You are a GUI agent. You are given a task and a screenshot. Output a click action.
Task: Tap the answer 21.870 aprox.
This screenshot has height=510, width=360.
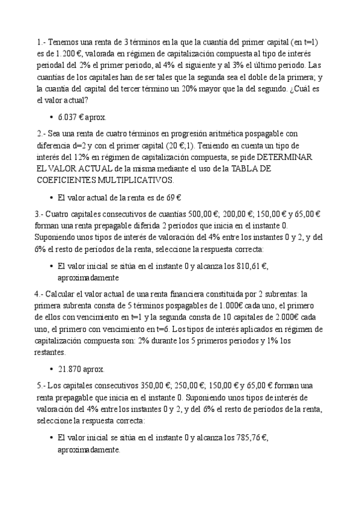(x=81, y=369)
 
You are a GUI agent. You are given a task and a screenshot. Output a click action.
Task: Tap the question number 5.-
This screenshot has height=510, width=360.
(x=41, y=385)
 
